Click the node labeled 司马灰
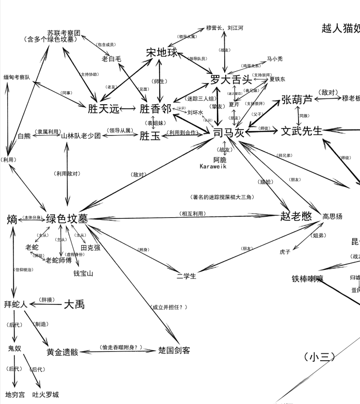[228, 132]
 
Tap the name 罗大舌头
[231, 79]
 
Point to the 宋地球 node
[162, 53]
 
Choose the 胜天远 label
[104, 109]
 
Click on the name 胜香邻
[155, 109]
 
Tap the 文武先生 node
[302, 131]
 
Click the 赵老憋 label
[297, 216]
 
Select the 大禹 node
[74, 304]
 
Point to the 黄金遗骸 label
[62, 352]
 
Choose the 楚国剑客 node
[174, 350]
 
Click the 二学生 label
[186, 276]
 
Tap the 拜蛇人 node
[15, 304]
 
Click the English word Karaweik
[213, 167]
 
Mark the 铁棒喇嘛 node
[307, 279]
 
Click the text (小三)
[320, 357]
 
